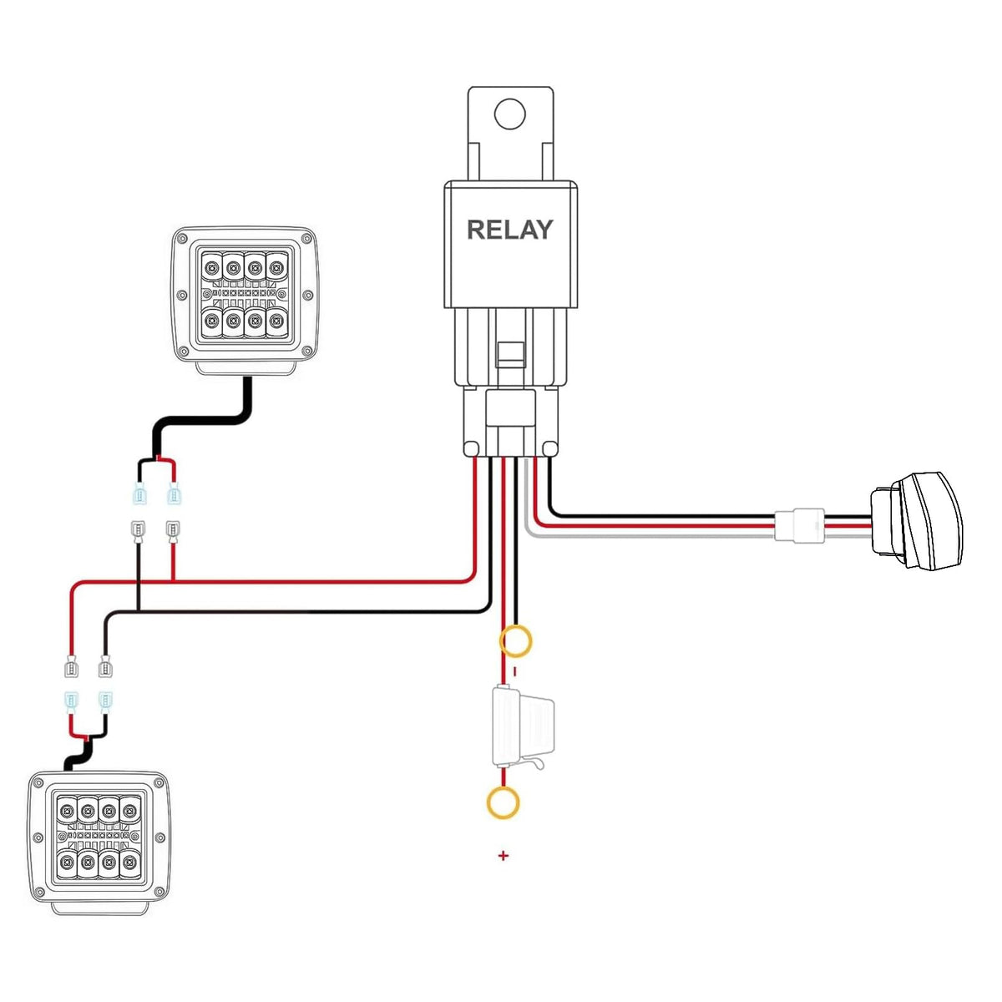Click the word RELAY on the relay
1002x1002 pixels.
[x=509, y=230]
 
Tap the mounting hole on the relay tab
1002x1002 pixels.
[x=509, y=114]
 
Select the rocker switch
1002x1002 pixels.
[x=916, y=519]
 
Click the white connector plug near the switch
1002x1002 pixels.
[x=799, y=524]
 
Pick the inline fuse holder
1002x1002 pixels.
[x=523, y=727]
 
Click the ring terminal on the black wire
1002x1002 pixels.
[x=515, y=641]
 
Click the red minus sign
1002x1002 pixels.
[x=515, y=671]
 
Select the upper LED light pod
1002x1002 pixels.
[x=245, y=300]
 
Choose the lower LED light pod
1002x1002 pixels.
[x=99, y=842]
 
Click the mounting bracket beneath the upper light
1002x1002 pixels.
[x=245, y=368]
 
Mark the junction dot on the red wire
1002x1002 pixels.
[x=173, y=579]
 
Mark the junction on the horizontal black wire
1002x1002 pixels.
[x=138, y=610]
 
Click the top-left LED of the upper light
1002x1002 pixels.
[x=211, y=268]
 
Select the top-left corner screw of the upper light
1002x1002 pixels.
[x=182, y=239]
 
